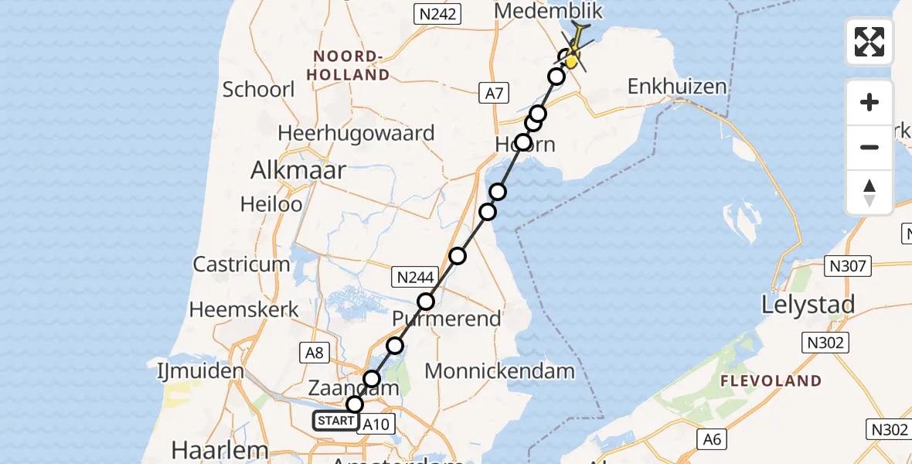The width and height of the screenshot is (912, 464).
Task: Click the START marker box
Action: tap(336, 421)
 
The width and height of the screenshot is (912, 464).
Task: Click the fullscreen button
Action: tap(869, 42)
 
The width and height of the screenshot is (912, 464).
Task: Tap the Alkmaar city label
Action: tap(298, 171)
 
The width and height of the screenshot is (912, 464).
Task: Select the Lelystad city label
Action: tap(808, 305)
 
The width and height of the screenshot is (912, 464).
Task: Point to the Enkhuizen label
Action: tap(677, 86)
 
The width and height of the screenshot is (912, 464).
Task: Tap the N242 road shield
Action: tap(437, 13)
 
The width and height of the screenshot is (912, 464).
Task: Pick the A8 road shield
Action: tap(315, 353)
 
